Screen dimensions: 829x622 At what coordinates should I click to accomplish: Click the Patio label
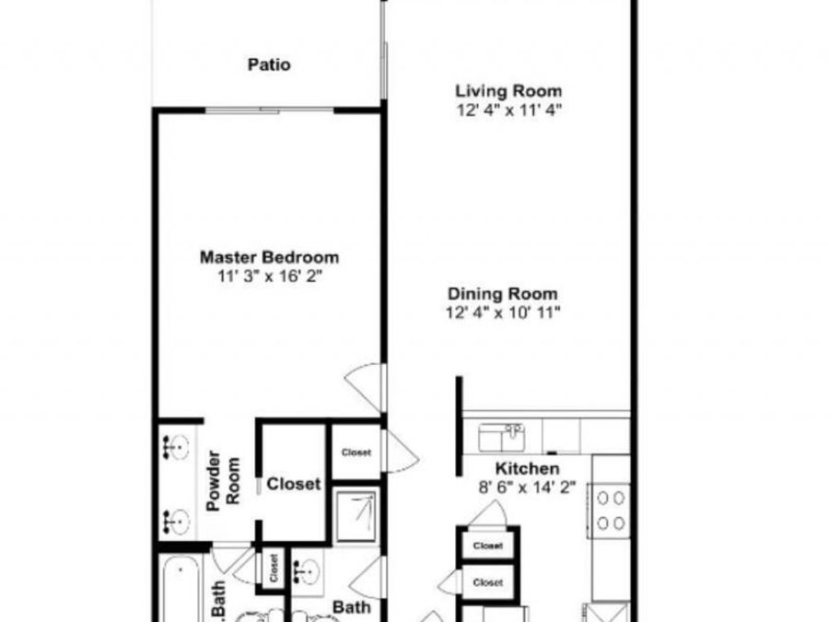[x=269, y=65]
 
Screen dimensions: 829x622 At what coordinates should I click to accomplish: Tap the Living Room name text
[x=508, y=91]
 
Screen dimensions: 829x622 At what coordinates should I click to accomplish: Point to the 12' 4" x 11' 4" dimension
[x=508, y=110]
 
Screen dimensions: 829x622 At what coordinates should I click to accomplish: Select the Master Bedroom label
[x=269, y=258]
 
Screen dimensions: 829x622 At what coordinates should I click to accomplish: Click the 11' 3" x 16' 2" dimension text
[x=270, y=276]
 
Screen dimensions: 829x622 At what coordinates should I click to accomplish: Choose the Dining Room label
[x=503, y=294]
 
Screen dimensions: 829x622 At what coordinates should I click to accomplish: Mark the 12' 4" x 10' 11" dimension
[x=503, y=312]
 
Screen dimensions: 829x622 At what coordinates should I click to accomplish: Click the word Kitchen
[x=527, y=469]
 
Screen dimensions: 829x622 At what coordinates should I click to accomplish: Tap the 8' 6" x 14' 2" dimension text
[x=527, y=487]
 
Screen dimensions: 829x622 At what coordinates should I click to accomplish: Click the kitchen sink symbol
[x=501, y=438]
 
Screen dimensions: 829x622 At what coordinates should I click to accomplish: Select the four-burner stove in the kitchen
[x=612, y=511]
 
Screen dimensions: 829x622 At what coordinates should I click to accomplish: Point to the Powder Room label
[x=223, y=481]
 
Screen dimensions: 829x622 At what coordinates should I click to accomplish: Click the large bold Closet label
[x=294, y=484]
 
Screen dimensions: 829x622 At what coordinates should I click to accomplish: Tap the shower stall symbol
[x=356, y=517]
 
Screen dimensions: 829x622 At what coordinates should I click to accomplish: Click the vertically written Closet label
[x=274, y=568]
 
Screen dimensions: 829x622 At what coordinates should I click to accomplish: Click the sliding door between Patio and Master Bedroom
[x=270, y=111]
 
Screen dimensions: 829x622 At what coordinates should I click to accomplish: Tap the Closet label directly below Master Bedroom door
[x=356, y=452]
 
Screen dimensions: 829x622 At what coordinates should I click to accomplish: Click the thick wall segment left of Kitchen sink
[x=460, y=426]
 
